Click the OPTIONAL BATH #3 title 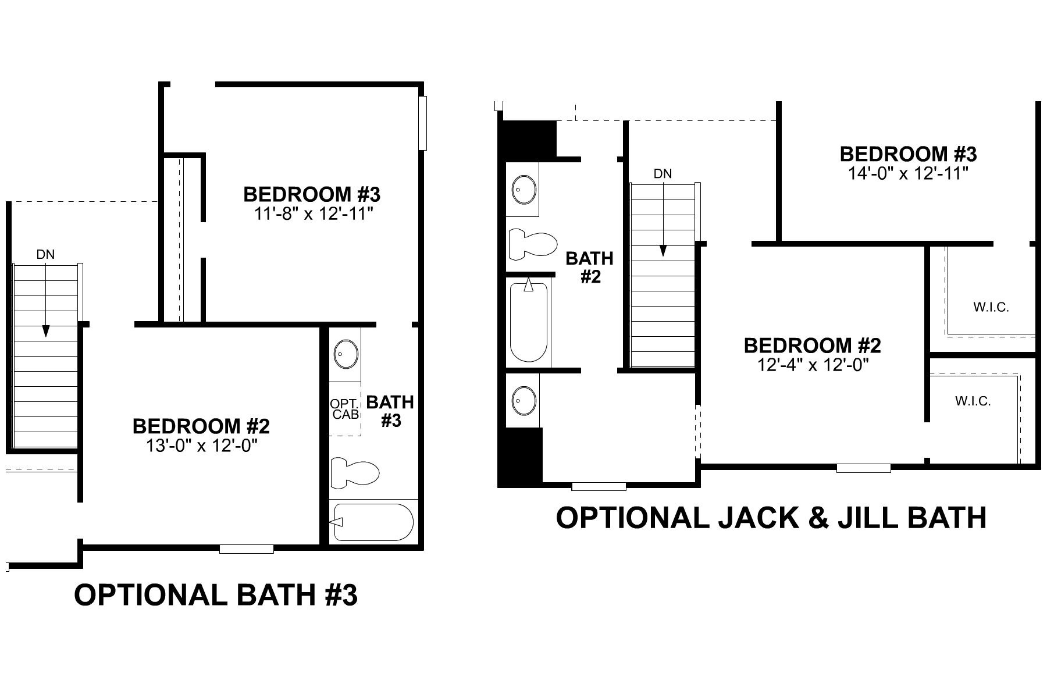(x=215, y=596)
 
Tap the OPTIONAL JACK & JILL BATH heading (x=771, y=518)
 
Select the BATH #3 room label (x=390, y=411)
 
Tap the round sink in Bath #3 (x=346, y=354)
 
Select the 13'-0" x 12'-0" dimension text (x=201, y=446)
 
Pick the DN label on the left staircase (x=45, y=254)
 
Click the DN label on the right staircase (x=663, y=173)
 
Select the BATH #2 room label (x=590, y=267)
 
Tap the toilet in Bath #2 (x=532, y=244)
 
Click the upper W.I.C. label (x=991, y=307)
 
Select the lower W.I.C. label (x=973, y=401)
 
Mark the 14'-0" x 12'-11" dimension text (x=908, y=173)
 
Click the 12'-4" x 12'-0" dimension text (x=812, y=365)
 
